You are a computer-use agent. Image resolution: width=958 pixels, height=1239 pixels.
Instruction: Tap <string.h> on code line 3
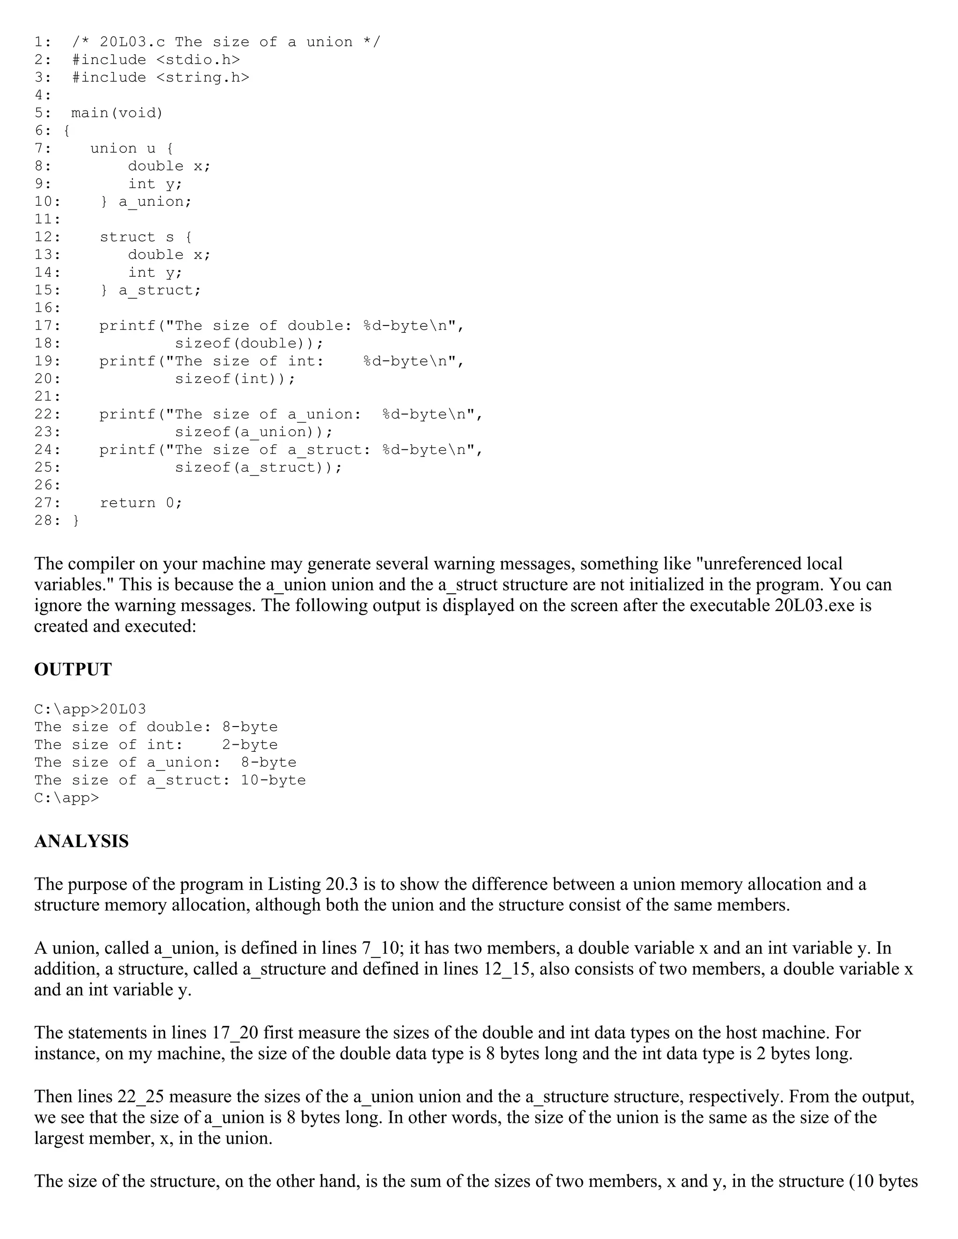(x=202, y=78)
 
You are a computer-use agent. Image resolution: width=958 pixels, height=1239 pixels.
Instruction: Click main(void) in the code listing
(x=117, y=113)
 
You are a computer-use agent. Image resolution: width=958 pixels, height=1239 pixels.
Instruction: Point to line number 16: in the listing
(x=47, y=308)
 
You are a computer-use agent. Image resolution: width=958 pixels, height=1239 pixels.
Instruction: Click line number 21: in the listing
(x=47, y=396)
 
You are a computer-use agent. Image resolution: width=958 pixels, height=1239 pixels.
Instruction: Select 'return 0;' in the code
(x=141, y=503)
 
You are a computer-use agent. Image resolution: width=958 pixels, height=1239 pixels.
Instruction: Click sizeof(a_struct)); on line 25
(x=258, y=468)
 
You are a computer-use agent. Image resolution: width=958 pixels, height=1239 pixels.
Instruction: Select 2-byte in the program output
(x=250, y=745)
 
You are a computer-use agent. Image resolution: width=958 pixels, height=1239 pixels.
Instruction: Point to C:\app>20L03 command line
(x=90, y=709)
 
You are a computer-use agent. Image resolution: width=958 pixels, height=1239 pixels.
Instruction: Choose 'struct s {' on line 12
(x=146, y=237)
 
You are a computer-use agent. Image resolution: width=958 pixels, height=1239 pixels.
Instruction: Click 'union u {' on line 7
(x=131, y=149)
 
